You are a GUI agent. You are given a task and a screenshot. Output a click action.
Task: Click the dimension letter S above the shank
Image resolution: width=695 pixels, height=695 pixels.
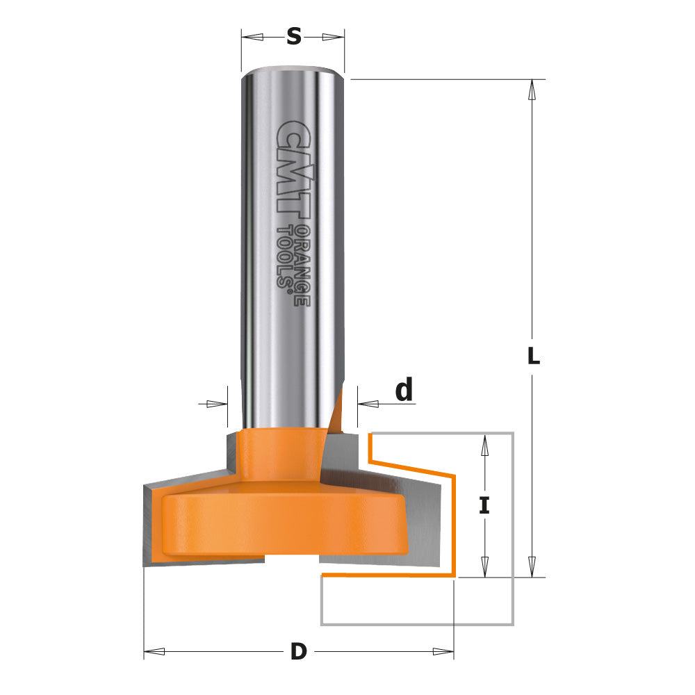(293, 36)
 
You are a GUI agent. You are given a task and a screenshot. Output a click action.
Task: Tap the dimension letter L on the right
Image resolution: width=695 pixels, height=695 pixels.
(532, 357)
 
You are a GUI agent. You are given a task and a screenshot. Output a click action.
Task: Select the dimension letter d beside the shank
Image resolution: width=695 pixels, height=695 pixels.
(404, 391)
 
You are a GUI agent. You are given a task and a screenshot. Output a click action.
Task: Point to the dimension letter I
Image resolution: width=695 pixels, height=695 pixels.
(484, 505)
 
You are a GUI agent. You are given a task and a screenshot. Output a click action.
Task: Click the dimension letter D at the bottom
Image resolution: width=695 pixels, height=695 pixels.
(298, 652)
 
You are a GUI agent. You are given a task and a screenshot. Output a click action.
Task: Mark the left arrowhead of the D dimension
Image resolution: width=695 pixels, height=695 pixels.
(154, 652)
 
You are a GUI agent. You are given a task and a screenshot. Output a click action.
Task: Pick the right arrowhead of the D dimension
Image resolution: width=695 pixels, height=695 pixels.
(443, 652)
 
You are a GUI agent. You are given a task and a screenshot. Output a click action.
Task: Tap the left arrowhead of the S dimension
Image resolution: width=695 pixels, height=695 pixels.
(252, 36)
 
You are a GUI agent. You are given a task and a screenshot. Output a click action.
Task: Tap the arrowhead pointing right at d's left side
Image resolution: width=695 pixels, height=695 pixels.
(218, 403)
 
